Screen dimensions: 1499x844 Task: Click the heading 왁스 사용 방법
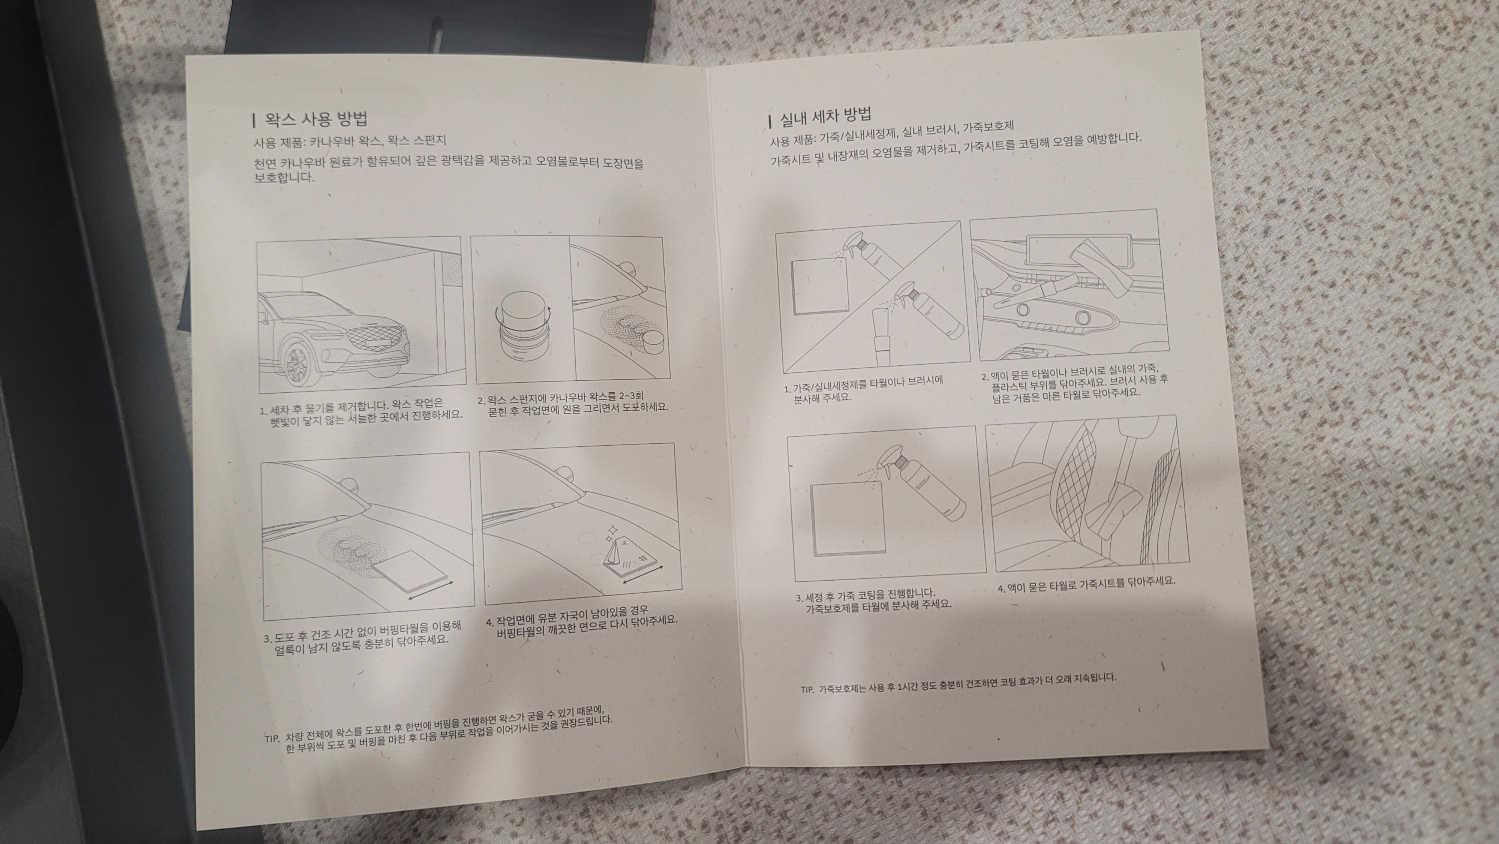coord(316,119)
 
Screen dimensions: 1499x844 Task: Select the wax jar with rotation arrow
coord(521,333)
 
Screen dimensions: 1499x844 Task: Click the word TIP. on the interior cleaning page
coord(807,690)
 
